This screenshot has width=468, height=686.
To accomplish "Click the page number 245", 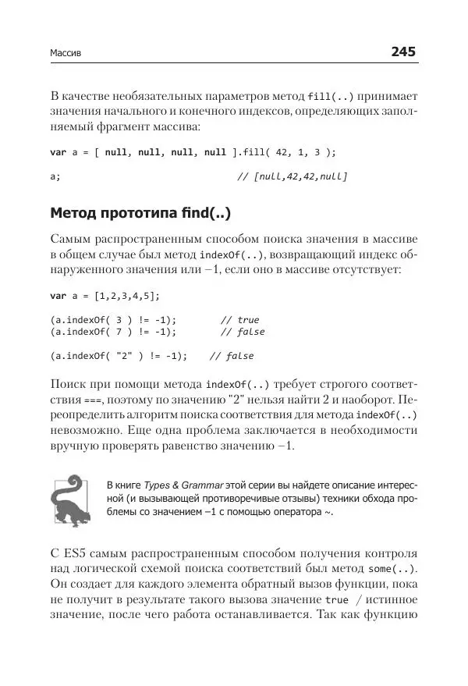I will [x=399, y=52].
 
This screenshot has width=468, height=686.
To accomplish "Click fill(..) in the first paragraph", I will [x=331, y=96].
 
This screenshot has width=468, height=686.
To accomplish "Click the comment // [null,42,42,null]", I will [x=291, y=176].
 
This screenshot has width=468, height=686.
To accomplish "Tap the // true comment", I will [x=239, y=320].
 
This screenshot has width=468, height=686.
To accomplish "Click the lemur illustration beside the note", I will [x=69, y=499].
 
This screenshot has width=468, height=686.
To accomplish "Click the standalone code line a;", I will [x=55, y=176].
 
